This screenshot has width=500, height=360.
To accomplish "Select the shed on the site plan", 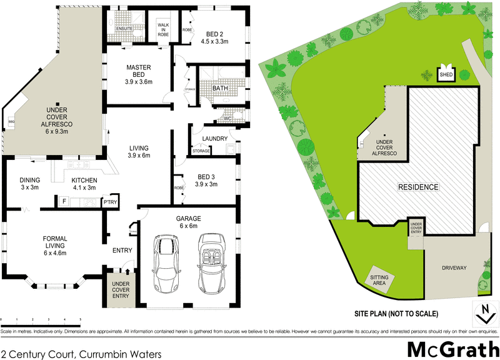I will pos(446,73).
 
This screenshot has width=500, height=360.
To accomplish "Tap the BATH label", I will pos(220,89).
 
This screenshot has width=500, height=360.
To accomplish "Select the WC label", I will pos(228,117).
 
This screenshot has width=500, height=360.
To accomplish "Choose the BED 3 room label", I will pos(206,181).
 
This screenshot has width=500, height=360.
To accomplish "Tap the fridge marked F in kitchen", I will pos(63,201).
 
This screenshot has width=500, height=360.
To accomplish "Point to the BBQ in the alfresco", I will pos(11,121).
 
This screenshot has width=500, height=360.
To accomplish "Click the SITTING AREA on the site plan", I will pos(379,279).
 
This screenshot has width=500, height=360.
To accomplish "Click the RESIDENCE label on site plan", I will pos(418,187).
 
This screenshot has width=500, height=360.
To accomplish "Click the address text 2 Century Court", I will pos(81,354).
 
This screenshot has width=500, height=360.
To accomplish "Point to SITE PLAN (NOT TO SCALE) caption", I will pos(395,313).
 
